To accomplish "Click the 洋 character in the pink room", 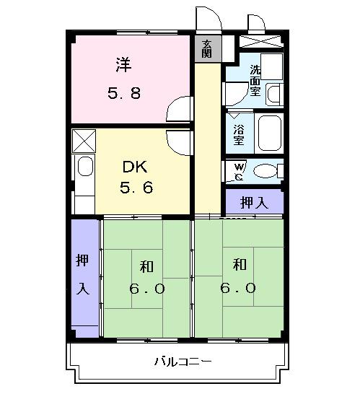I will pyautogui.click(x=123, y=65).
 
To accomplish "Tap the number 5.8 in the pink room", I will pyautogui.click(x=123, y=93).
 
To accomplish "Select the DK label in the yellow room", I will pyautogui.click(x=133, y=167).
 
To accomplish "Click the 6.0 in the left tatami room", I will pyautogui.click(x=148, y=289).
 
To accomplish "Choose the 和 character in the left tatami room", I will pyautogui.click(x=147, y=266).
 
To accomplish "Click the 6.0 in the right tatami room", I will pyautogui.click(x=239, y=286).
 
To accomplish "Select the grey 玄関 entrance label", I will pyautogui.click(x=207, y=48).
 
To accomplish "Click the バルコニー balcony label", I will pyautogui.click(x=183, y=361).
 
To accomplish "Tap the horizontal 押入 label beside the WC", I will pyautogui.click(x=253, y=203).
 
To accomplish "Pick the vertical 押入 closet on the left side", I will pyautogui.click(x=83, y=274).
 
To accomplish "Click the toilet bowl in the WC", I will pyautogui.click(x=266, y=171).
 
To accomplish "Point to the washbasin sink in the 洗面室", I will pyautogui.click(x=273, y=92).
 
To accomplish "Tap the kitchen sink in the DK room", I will pyautogui.click(x=85, y=168).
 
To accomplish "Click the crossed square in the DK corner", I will pyautogui.click(x=83, y=139).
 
